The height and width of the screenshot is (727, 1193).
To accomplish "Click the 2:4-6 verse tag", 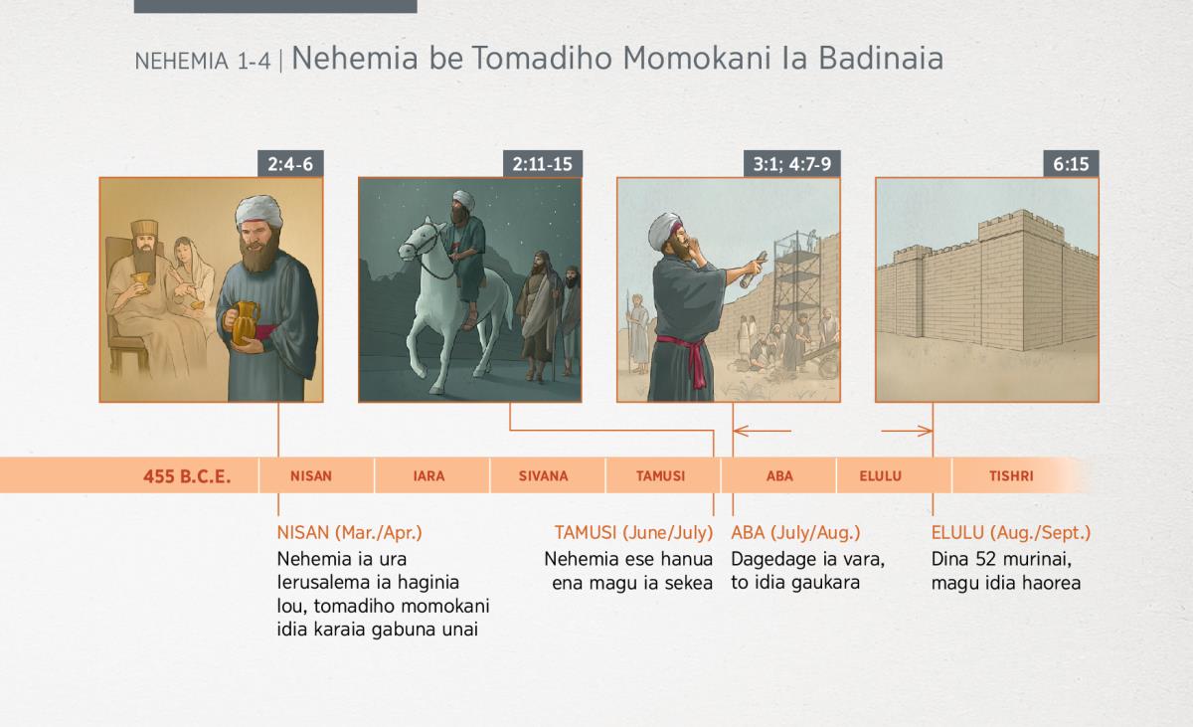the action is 290,163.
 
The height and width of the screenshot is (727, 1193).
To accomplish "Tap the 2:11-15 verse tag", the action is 542,163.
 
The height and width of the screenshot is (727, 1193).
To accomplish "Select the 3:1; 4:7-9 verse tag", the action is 792,163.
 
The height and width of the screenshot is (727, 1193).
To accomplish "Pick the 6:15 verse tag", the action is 1071,163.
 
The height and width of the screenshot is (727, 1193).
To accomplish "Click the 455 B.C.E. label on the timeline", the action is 187,476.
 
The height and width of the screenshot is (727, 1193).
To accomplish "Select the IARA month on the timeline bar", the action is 428,475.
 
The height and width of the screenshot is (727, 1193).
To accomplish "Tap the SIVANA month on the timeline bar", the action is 543,475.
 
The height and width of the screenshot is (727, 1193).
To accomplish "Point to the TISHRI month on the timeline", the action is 1011,475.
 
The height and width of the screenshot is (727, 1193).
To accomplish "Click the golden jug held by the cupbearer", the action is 245,323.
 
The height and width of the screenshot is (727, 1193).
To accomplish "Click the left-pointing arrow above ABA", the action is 763,431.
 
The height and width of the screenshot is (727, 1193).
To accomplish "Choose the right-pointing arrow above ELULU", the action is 907,431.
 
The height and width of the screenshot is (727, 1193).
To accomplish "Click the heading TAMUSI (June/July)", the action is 633,533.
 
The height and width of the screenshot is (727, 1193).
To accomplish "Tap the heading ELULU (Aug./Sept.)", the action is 1011,533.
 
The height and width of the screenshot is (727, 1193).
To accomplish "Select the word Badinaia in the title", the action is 881,58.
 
